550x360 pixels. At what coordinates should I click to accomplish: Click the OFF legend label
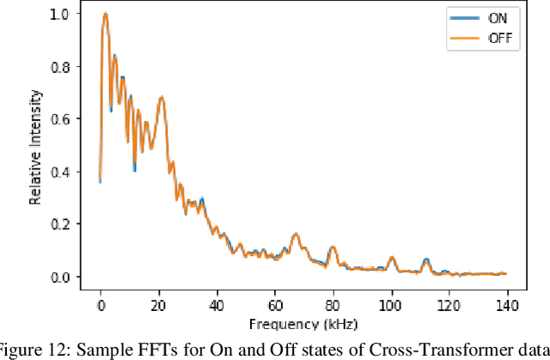pyautogui.click(x=501, y=37)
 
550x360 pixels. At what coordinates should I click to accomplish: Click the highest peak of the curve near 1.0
pyautogui.click(x=105, y=14)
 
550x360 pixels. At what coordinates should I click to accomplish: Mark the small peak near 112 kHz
pyautogui.click(x=425, y=259)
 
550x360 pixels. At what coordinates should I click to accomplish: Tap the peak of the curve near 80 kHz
pyautogui.click(x=332, y=247)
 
